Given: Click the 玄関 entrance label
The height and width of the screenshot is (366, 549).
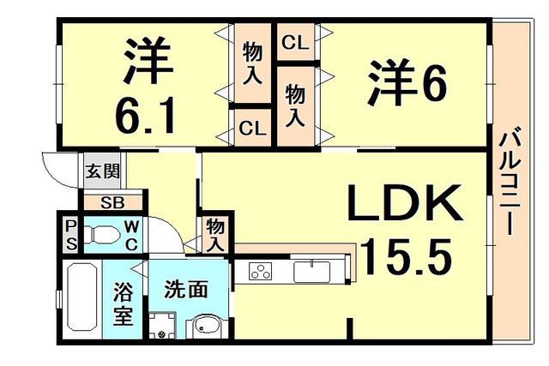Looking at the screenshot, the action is click(103, 171).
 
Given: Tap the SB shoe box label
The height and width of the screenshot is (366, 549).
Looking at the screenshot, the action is click(112, 202).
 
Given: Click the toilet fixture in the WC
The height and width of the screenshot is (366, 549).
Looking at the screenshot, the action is click(101, 235).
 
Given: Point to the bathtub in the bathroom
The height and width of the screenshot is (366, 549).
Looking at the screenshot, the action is click(82, 297).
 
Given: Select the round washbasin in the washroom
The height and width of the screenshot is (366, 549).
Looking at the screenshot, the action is click(206, 327).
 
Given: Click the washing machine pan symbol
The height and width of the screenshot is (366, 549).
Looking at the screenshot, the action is click(162, 326).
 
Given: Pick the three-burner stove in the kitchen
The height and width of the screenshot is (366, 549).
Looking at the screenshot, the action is click(261, 271).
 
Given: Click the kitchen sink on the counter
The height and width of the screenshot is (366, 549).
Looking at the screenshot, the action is click(311, 272).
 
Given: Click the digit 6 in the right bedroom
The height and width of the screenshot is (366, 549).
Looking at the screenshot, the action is click(434, 83).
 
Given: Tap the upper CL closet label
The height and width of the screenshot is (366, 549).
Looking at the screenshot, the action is click(295, 43).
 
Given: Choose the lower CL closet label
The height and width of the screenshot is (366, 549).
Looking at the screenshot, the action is click(252, 129).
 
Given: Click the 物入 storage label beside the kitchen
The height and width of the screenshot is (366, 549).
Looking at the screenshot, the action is click(215, 236).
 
